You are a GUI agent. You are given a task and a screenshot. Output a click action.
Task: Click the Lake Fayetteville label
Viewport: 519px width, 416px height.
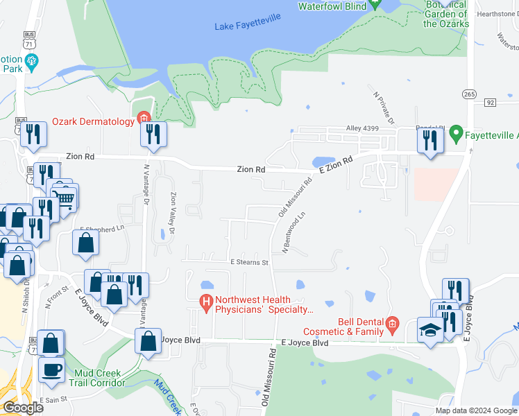pyautogui.click(x=248, y=26)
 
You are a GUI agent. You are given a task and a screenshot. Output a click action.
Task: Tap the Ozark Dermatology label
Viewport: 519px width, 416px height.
pyautogui.click(x=93, y=121)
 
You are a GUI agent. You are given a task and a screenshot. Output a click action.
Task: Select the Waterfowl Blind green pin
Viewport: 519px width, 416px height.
pyautogui.click(x=375, y=3)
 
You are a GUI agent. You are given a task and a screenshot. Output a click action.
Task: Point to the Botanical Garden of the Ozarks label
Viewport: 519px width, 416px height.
pyautogui.click(x=445, y=15)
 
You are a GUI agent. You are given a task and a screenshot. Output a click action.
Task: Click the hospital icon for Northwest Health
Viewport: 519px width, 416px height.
pyautogui.click(x=206, y=302)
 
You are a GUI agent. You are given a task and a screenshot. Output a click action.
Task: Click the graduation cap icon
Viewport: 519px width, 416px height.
pyautogui.click(x=430, y=329)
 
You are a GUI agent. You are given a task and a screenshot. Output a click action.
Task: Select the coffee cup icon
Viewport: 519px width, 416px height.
pyautogui.click(x=51, y=369)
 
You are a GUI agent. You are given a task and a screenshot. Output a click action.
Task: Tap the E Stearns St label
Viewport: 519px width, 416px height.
pyautogui.click(x=249, y=263)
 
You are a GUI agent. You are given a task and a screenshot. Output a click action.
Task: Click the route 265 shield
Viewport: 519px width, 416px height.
pyautogui.click(x=468, y=94)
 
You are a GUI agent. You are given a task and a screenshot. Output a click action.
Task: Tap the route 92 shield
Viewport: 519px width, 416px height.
pyautogui.click(x=491, y=103)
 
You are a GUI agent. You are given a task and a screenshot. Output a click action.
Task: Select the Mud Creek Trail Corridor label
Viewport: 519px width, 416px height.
pyautogui.click(x=99, y=378)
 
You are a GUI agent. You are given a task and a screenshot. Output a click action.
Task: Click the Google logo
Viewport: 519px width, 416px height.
pyautogui.click(x=22, y=408)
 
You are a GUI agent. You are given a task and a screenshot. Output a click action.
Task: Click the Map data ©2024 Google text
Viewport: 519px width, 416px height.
pyautogui.click(x=475, y=410)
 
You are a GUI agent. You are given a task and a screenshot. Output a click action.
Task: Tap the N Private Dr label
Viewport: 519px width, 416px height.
pyautogui.click(x=383, y=109)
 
